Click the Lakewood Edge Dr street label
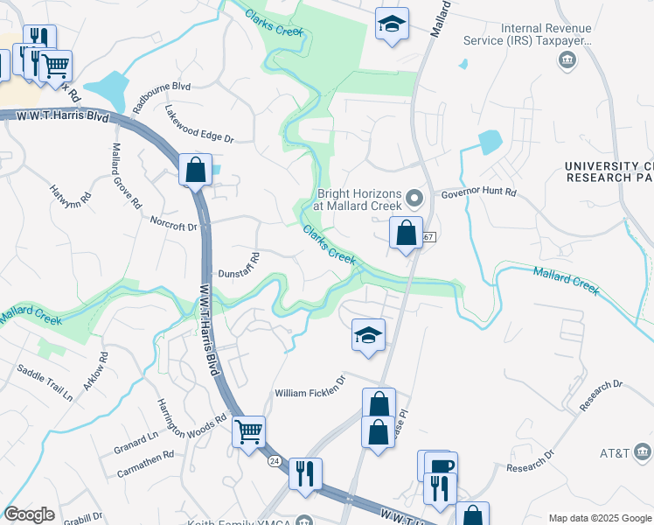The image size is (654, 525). [x=200, y=124]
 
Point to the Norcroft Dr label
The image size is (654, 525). [x=174, y=226]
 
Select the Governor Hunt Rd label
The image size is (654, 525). [x=478, y=192]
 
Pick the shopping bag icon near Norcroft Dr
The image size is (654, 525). [x=196, y=169]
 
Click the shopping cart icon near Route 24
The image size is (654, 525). [x=249, y=430]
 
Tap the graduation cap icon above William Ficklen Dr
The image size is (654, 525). [x=369, y=334]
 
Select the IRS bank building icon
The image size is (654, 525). [x=568, y=59]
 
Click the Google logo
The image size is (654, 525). [x=30, y=514]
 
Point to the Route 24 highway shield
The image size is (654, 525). [x=274, y=460]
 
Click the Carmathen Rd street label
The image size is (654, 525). [x=144, y=464]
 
